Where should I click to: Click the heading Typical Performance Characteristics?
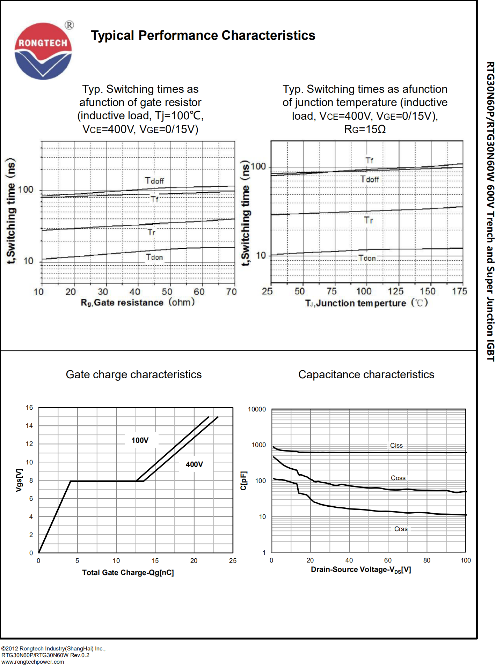point(203,36)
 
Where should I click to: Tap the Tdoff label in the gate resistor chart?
point(154,181)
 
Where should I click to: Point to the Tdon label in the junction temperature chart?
point(367,258)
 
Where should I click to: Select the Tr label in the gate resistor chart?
point(151,232)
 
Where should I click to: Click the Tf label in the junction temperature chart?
point(369,160)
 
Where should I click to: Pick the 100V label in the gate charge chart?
point(140,440)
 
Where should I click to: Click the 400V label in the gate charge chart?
point(194,464)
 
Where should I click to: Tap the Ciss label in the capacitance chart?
point(396,446)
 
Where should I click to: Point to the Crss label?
point(401,529)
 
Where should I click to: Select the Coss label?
point(398,478)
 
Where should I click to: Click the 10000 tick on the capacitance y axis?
point(257,409)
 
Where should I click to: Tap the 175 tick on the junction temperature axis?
point(459,291)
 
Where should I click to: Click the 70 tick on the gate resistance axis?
point(231,292)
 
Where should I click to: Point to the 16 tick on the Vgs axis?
point(29,408)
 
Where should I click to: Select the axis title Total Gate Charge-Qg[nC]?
point(128,573)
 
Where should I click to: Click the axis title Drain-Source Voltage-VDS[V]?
point(361,570)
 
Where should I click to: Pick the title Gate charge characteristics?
point(134,374)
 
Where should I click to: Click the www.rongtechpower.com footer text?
point(33,662)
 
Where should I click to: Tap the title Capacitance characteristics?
point(366,374)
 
